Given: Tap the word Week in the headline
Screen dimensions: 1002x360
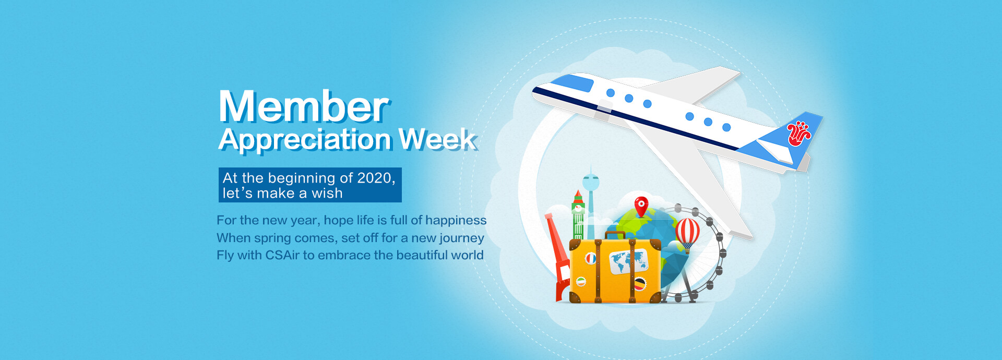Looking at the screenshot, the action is tap(437, 139).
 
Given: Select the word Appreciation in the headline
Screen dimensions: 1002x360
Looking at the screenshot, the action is tap(305, 140).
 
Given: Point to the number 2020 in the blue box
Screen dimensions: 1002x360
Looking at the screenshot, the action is tap(374, 178).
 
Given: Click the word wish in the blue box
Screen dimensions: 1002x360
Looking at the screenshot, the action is tap(327, 193).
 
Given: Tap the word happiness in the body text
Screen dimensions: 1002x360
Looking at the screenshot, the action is tap(456, 221).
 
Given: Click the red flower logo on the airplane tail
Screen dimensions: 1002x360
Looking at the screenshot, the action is tap(798, 134).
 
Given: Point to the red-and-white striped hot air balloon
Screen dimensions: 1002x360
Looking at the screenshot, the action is tap(687, 234).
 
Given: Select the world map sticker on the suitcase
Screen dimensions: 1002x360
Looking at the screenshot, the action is tap(628, 261).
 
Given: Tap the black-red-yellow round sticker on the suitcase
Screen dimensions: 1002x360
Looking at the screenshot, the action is tap(640, 284).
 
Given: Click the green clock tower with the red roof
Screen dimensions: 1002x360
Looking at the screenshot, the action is tap(578, 215).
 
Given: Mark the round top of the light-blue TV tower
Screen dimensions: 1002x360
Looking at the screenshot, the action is tap(591, 182).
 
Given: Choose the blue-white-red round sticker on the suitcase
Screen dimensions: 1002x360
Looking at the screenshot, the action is tap(590, 258).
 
